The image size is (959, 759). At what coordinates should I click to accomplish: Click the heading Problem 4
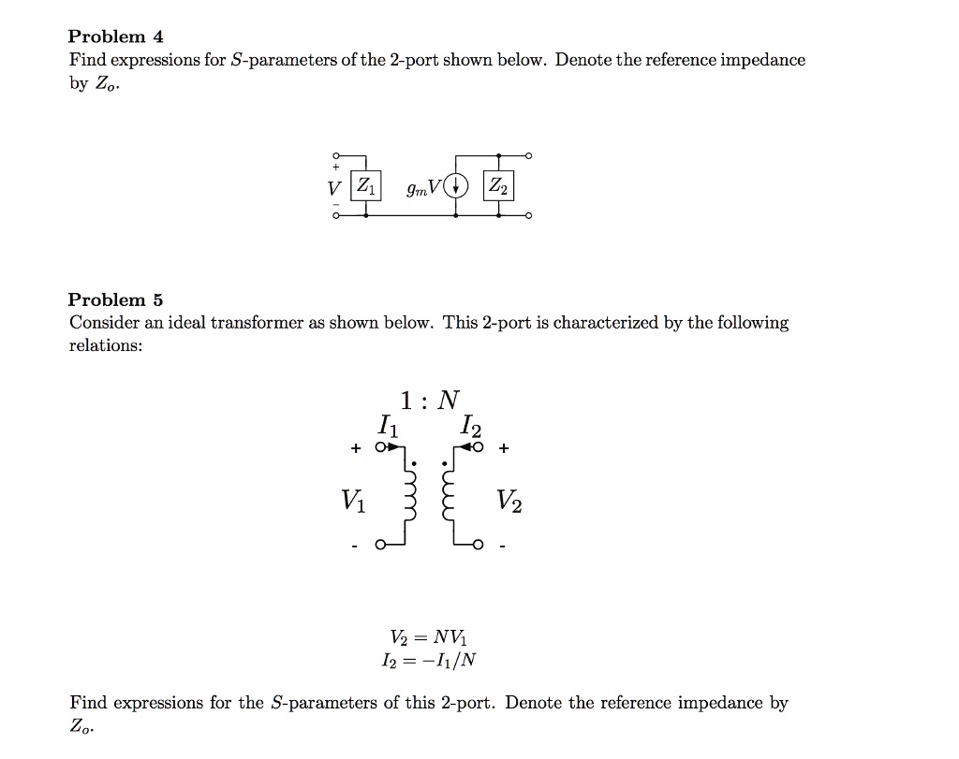click(x=115, y=37)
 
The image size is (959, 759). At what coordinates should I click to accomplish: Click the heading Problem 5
click(x=115, y=300)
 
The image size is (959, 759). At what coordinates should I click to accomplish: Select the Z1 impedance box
click(x=365, y=184)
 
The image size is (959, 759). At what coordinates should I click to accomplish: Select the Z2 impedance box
click(x=498, y=185)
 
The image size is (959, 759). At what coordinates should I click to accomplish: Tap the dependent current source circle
click(x=456, y=185)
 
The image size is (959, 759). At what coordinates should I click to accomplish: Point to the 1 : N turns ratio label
click(x=430, y=401)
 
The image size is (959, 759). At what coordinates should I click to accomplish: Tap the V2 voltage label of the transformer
click(x=510, y=503)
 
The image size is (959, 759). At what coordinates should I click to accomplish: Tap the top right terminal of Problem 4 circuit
click(x=529, y=155)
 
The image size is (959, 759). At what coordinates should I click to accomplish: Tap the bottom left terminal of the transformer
click(x=381, y=545)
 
